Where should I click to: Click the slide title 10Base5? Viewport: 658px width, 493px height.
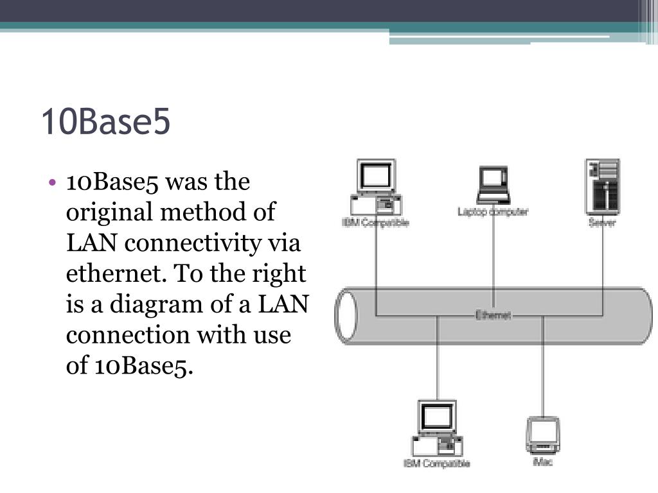pyautogui.click(x=106, y=122)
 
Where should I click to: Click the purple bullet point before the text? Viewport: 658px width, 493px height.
pyautogui.click(x=52, y=182)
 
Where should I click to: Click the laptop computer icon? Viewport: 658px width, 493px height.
pyautogui.click(x=493, y=185)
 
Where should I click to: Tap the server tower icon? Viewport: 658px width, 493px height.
pyautogui.click(x=602, y=187)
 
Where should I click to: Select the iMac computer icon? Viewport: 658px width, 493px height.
pyautogui.click(x=543, y=435)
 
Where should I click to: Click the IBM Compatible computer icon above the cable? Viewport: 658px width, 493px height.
pyautogui.click(x=377, y=187)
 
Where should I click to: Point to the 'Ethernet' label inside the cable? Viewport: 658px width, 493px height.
pyautogui.click(x=493, y=315)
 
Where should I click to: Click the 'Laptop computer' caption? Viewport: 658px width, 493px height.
pyautogui.click(x=493, y=211)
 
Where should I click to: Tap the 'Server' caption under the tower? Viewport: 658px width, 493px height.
pyautogui.click(x=602, y=223)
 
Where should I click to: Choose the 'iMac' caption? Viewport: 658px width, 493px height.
pyautogui.click(x=543, y=462)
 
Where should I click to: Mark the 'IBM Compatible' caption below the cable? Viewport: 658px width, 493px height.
pyautogui.click(x=437, y=463)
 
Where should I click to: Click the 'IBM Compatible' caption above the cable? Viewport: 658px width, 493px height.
pyautogui.click(x=375, y=223)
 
